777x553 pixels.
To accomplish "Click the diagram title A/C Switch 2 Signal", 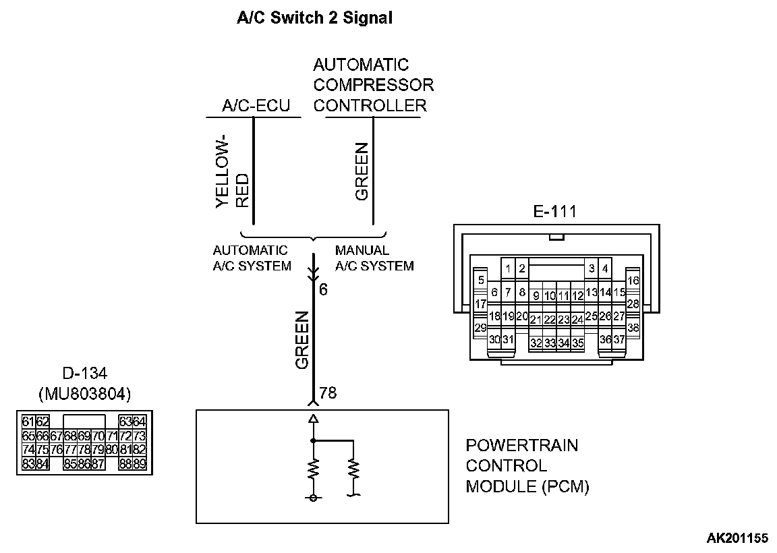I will pyautogui.click(x=314, y=18).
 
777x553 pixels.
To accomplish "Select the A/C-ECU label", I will pyautogui.click(x=256, y=106).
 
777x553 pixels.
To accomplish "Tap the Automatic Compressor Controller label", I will pyautogui.click(x=373, y=85).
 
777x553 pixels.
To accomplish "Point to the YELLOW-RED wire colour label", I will pyautogui.click(x=231, y=172).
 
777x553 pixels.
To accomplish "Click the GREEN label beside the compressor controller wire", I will pyautogui.click(x=362, y=171).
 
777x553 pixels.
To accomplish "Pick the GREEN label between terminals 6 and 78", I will pyautogui.click(x=302, y=341).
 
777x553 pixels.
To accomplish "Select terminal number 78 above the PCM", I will pyautogui.click(x=327, y=392).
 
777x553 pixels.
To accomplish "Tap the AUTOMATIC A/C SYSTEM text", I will pyautogui.click(x=252, y=258).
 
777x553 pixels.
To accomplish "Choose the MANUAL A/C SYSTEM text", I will pyautogui.click(x=374, y=258).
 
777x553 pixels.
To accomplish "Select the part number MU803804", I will pyautogui.click(x=84, y=393).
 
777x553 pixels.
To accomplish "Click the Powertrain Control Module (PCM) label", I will pyautogui.click(x=527, y=466).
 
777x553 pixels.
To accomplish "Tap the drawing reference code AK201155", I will pyautogui.click(x=737, y=538).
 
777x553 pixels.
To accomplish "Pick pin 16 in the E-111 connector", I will pyautogui.click(x=633, y=281).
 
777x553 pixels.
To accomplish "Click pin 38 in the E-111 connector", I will pyautogui.click(x=633, y=328).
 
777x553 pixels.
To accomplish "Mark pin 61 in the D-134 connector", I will pyautogui.click(x=28, y=422).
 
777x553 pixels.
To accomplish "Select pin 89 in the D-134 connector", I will pyautogui.click(x=140, y=463).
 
